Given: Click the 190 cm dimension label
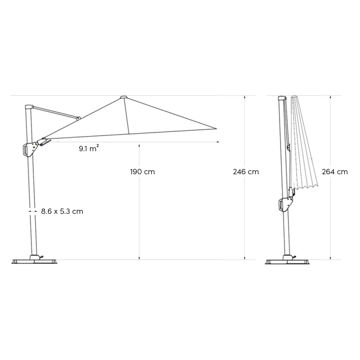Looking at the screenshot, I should pos(143,172).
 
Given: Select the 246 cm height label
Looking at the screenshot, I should pos(246,172).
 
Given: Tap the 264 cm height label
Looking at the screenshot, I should pos(335,172).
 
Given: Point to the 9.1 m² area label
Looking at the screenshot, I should pos(89,148).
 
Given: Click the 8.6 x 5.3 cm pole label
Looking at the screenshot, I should pos(62,211).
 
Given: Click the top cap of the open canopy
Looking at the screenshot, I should pos(123,97).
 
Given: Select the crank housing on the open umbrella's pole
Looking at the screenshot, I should pos(29,149).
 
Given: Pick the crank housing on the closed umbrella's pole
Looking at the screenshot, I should pos(285,204).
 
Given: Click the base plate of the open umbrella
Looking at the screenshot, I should pos(35,261).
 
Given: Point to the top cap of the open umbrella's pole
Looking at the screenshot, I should pos(28,107).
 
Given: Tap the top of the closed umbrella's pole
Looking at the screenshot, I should pos(282,98).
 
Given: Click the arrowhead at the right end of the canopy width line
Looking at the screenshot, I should pos(218,142).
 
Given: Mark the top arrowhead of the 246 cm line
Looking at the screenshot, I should pos(245,97).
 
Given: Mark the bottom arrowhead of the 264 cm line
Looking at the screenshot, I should pos(330,258).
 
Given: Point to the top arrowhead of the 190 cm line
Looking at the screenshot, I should pos(139,145).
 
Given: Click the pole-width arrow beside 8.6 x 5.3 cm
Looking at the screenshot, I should pos(32,211).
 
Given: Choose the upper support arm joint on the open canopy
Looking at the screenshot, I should pos(78,117).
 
